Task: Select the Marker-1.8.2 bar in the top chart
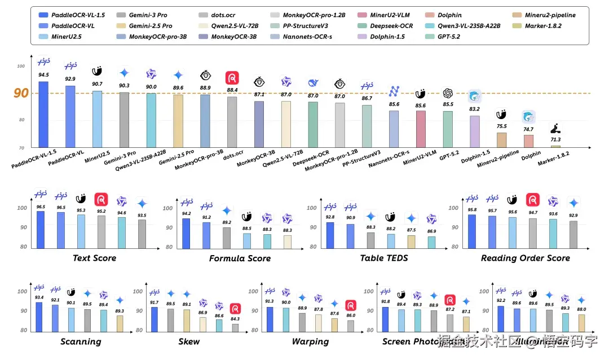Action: point(555,146)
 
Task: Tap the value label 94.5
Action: point(43,74)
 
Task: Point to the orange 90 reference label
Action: point(21,93)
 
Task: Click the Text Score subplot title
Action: point(94,258)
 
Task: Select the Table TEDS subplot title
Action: point(384,258)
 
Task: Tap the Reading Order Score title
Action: point(525,258)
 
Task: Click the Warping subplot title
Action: point(310,341)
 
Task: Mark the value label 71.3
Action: point(555,139)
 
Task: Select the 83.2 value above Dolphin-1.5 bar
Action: point(475,109)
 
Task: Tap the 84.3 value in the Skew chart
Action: point(235,319)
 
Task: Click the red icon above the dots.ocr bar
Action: point(232,78)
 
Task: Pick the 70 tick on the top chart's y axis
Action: point(21,147)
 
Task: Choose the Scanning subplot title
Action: point(81,341)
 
